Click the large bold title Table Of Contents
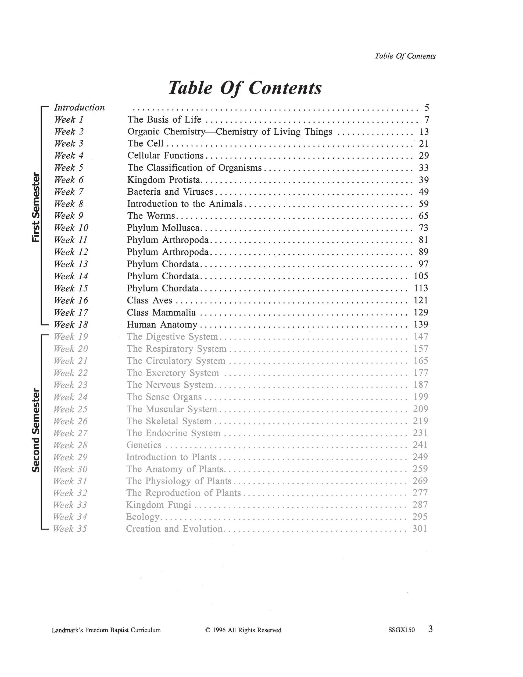pos(245,88)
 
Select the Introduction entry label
pos(79,108)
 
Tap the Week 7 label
pos(69,192)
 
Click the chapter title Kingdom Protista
pos(164,180)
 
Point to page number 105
pos(421,276)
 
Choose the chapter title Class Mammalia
pos(161,312)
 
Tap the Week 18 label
pos(71,325)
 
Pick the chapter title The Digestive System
pos(172,337)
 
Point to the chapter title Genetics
pos(144,445)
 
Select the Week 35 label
pos(70,529)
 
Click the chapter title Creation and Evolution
pos(174,529)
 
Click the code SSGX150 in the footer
pos(401,630)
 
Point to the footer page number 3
pos(430,629)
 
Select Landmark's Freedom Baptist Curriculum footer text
pos(106,630)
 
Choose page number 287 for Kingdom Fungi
pos(420,505)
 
